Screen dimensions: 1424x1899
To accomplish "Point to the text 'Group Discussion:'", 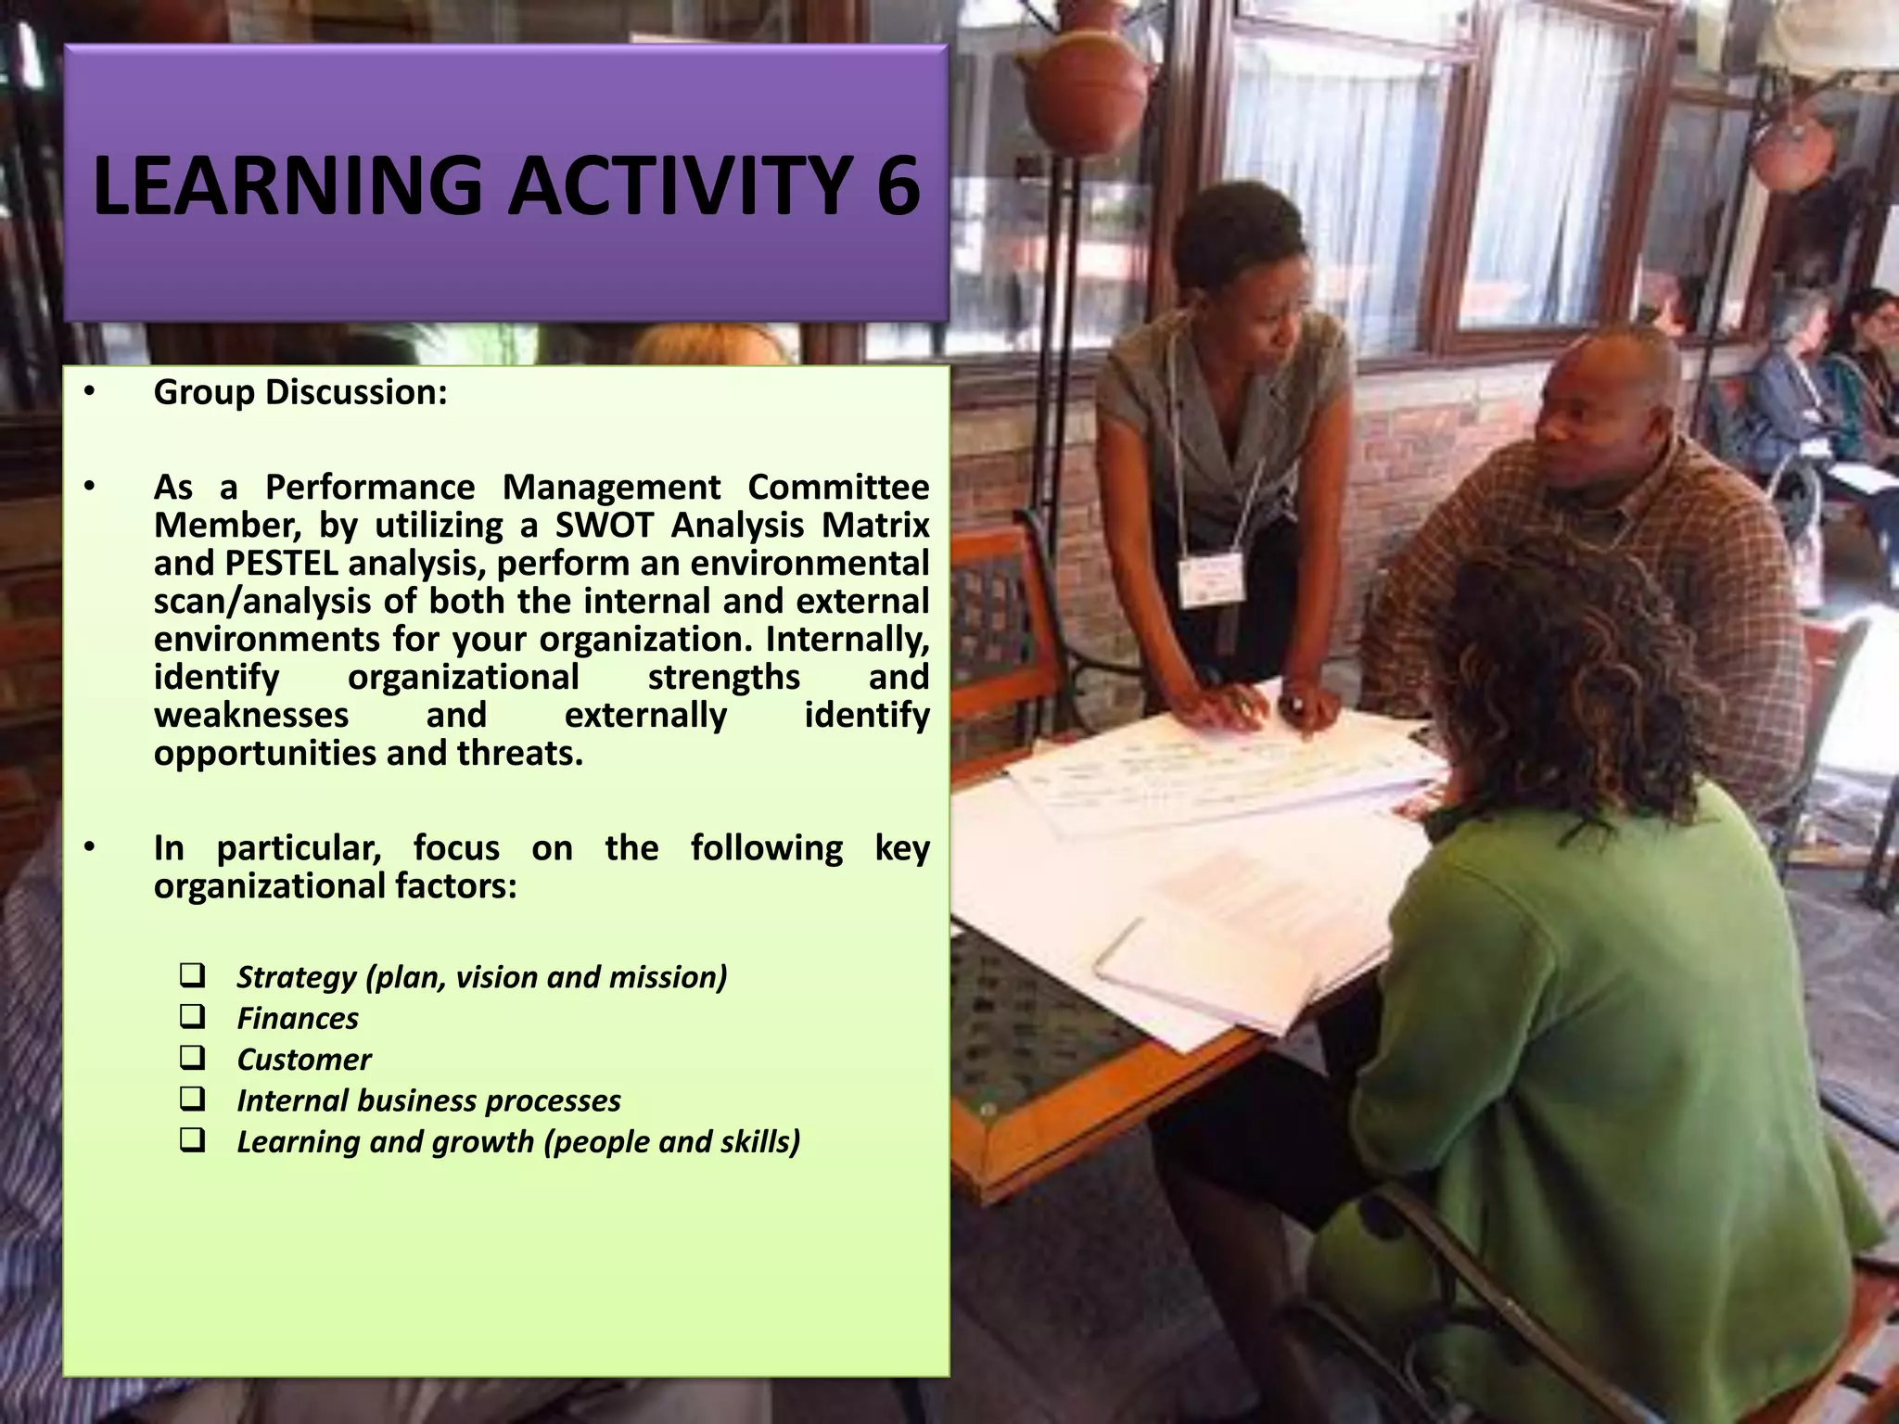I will click(300, 392).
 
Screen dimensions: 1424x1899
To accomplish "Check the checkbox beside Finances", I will click(193, 1017).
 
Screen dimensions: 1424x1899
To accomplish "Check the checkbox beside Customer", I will click(193, 1058).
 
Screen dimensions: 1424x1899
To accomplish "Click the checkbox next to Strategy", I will click(193, 975).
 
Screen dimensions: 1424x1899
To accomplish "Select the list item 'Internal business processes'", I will click(428, 1100).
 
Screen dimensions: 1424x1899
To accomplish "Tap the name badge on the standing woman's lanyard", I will click(1210, 579).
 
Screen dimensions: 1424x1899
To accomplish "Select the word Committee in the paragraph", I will click(838, 488).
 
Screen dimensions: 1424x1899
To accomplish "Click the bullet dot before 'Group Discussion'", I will click(89, 392).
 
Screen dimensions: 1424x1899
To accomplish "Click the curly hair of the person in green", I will click(1567, 667).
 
